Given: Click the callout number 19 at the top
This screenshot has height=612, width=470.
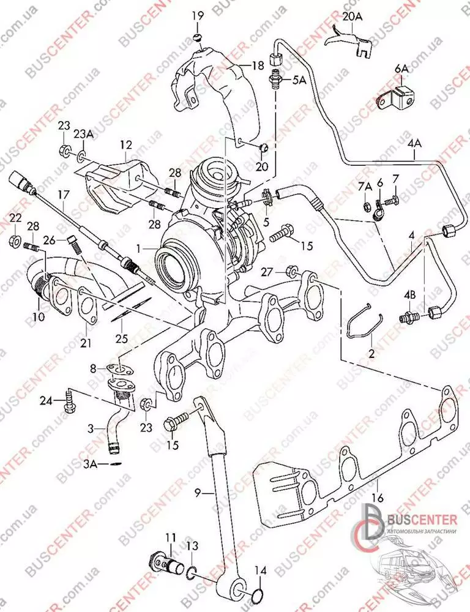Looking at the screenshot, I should click(x=198, y=15).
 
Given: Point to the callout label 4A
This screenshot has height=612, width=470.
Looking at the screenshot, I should click(x=414, y=145).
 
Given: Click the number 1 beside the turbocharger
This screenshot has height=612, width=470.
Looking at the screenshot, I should click(x=140, y=249).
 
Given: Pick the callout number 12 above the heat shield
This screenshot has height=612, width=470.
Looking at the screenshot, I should click(x=125, y=145).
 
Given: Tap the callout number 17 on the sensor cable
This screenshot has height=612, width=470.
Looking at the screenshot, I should click(x=63, y=196).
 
